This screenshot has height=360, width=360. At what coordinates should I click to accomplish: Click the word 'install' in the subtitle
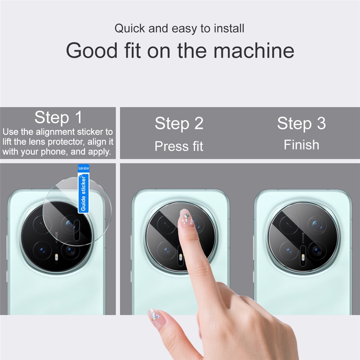(229, 28)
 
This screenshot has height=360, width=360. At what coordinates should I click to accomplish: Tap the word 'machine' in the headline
(254, 50)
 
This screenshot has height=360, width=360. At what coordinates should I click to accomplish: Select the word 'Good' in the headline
(92, 50)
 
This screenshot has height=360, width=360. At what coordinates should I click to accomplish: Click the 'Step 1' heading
(58, 117)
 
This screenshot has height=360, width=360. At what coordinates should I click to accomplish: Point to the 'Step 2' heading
(179, 123)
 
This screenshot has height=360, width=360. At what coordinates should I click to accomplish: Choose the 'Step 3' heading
(301, 123)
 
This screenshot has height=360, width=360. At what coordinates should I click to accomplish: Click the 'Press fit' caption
(179, 146)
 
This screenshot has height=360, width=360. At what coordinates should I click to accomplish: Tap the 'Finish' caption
(301, 145)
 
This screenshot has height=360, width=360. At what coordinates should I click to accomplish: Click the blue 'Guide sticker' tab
(84, 189)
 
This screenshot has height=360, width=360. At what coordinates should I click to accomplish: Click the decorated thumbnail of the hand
(154, 316)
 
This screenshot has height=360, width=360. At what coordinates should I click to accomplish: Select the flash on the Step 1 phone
(57, 257)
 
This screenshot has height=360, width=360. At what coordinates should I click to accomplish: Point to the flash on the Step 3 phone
(303, 258)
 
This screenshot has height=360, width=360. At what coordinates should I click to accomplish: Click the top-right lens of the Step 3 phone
(317, 224)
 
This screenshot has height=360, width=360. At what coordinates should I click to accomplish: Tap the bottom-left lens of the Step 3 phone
(289, 251)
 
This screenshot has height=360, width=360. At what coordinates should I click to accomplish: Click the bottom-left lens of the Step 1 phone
(42, 251)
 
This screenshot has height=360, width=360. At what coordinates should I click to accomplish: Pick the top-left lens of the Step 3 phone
(289, 224)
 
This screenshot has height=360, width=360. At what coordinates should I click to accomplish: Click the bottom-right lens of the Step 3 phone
(317, 251)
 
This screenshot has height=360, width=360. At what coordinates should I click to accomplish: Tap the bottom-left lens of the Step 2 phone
(166, 251)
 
